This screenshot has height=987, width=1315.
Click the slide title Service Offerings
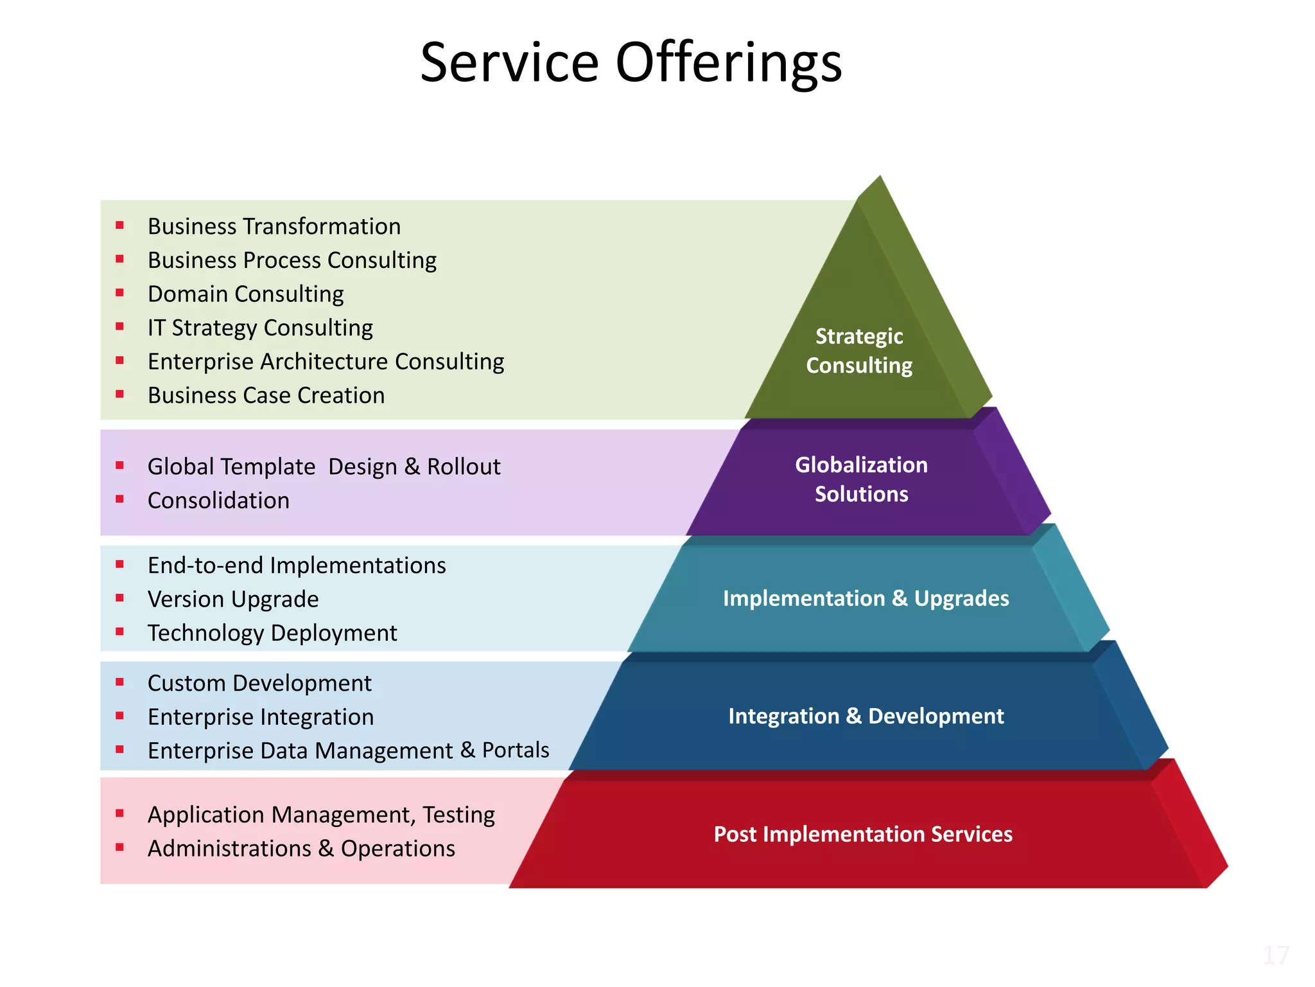tap(631, 63)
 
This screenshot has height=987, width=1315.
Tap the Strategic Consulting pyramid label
tap(859, 351)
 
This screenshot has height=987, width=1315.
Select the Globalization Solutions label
tap(861, 479)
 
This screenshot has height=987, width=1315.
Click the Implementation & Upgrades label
tap(866, 598)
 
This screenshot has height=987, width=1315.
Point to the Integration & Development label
tap(866, 716)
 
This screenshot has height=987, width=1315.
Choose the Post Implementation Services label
tap(863, 834)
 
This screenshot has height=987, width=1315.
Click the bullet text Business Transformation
tap(274, 227)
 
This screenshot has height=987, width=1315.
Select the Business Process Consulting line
tap(292, 261)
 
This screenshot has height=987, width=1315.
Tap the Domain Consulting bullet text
tap(246, 294)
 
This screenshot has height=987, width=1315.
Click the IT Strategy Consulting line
tap(260, 328)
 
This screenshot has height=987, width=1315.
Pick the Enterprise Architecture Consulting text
tap(326, 362)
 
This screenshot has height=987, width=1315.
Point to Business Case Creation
tap(266, 396)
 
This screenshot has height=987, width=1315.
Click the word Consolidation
tap(218, 501)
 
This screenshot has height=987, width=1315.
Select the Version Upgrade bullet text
tap(233, 600)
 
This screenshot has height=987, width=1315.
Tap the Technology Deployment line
tap(272, 634)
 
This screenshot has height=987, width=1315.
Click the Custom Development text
tap(259, 683)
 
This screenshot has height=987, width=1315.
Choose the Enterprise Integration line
tap(261, 717)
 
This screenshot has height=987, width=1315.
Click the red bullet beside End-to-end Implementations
tap(119, 565)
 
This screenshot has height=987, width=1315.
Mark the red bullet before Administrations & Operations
tap(119, 848)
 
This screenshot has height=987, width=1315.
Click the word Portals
tap(516, 751)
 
